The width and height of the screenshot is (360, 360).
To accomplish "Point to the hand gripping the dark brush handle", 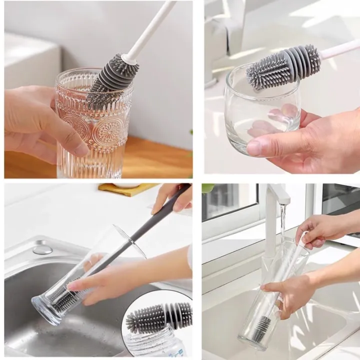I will click(x=173, y=197).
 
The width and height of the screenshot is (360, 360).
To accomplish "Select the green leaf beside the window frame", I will click(x=208, y=188).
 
